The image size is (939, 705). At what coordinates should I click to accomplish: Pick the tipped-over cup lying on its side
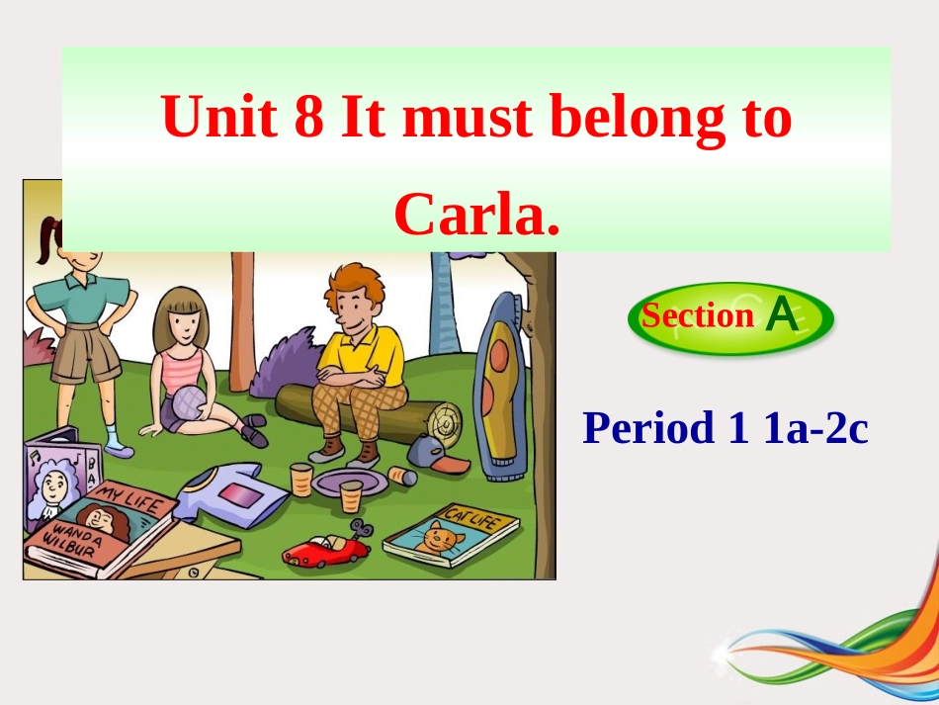pos(402,477)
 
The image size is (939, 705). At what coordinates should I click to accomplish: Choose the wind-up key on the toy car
pos(361,532)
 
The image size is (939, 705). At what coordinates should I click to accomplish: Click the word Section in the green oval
pos(697,316)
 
